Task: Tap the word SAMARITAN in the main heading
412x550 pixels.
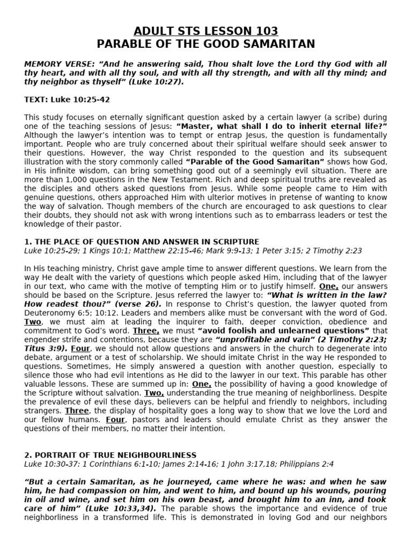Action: tap(278, 44)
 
